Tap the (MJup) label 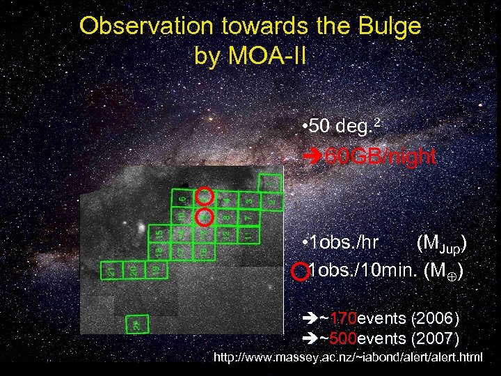coord(441,243)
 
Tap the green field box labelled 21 coord(111,269)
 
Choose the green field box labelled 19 coord(157,268)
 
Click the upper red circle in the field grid coord(204,196)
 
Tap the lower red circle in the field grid coord(205,216)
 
